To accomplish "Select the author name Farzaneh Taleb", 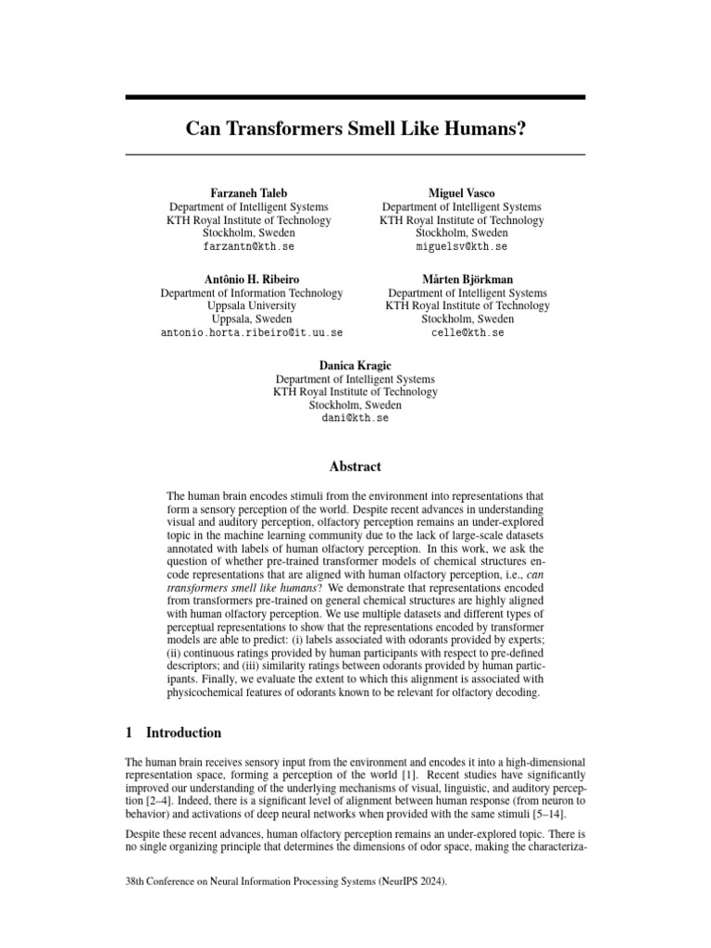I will [x=247, y=193].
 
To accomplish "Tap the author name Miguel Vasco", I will [x=461, y=193].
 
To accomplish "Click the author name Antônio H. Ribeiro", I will [x=251, y=279].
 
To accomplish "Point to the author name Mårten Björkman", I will [x=468, y=279].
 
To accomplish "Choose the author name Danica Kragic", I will [x=355, y=365].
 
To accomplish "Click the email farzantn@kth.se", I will [x=247, y=248].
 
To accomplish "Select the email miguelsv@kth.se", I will [x=461, y=248].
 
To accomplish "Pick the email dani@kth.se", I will [x=355, y=419].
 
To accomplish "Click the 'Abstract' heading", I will [x=355, y=467].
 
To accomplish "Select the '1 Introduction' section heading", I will [x=173, y=732].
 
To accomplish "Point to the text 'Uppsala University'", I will [x=252, y=306].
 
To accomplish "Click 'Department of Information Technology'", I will [x=252, y=293].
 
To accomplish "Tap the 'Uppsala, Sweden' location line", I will [x=252, y=319].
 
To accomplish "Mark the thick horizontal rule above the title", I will [x=355, y=96].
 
